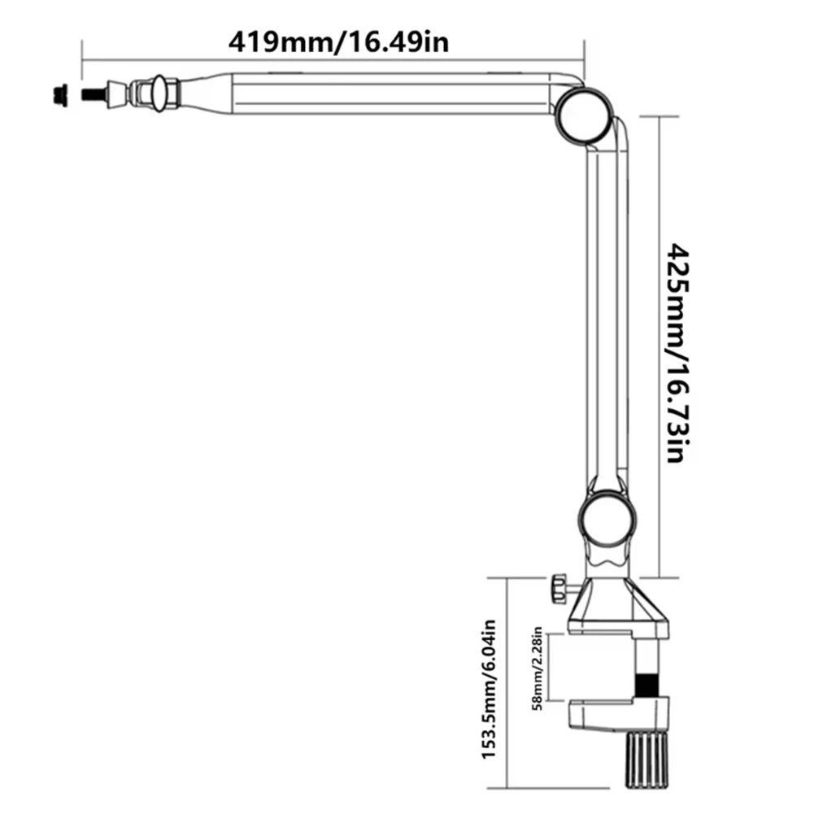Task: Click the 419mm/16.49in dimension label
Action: [338, 41]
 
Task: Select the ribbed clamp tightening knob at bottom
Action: [648, 758]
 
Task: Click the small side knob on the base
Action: [559, 589]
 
